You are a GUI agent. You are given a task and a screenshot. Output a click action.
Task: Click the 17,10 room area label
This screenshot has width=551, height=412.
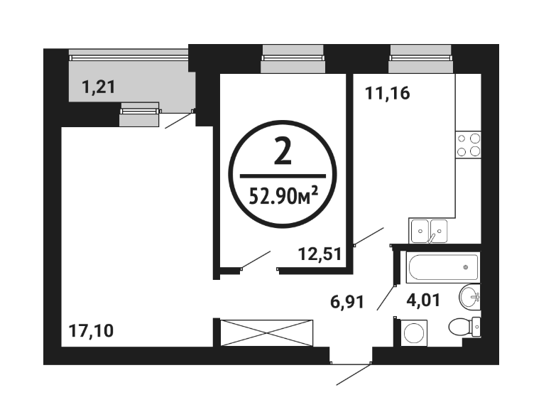91,331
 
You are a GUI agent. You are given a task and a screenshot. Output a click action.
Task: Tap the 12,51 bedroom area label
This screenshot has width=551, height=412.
320,254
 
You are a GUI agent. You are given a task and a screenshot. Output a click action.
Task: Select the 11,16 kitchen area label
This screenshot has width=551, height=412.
388,94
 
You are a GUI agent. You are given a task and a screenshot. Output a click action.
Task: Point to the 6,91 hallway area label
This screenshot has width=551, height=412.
347,302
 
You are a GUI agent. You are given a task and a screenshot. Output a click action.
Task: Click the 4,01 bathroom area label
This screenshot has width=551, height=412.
423,300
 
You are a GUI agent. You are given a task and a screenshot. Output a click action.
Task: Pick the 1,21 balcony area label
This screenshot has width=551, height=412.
99,87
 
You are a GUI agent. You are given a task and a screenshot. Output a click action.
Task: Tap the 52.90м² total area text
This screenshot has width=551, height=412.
283,196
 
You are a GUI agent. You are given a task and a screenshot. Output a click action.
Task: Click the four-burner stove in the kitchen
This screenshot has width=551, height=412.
468,145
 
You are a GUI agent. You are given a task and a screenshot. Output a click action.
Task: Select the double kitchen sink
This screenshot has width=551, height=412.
429,231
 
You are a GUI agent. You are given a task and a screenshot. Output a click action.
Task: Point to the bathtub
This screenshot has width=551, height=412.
443,267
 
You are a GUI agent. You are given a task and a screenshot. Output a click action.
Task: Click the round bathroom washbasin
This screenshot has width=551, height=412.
469,297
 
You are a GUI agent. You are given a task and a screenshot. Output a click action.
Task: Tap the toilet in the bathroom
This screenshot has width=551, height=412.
464,327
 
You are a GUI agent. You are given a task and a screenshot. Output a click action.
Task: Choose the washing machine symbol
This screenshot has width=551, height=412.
414,333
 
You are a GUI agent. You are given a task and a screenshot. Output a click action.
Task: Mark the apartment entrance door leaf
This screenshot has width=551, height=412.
353,375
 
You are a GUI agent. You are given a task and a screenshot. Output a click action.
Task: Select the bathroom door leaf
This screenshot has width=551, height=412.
386,298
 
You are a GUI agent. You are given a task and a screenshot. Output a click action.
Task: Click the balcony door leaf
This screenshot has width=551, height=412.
179,120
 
